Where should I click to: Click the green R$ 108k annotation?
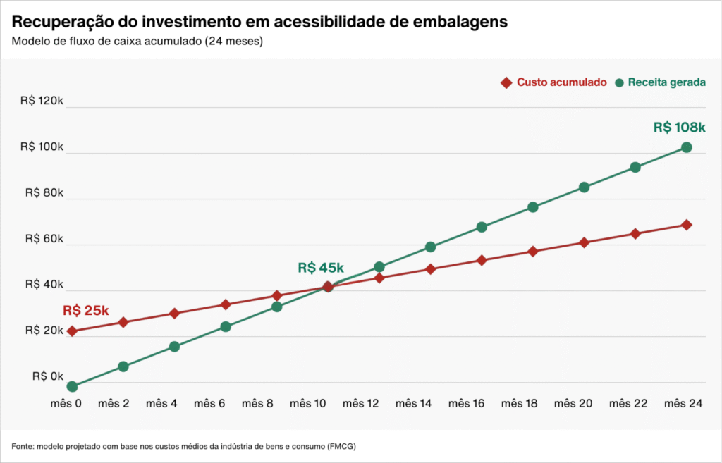pyautogui.click(x=679, y=128)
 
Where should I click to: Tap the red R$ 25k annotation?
pyautogui.click(x=85, y=311)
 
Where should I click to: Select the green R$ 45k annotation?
pyautogui.click(x=320, y=268)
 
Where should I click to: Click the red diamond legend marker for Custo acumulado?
pyautogui.click(x=506, y=82)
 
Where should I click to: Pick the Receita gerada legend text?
pyautogui.click(x=666, y=82)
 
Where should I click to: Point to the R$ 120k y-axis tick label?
pyautogui.click(x=42, y=101)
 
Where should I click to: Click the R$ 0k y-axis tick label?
pyautogui.click(x=47, y=376)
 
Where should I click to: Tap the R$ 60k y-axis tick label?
pyautogui.click(x=44, y=239)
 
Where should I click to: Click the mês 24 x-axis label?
pyautogui.click(x=683, y=403)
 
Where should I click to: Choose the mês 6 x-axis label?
pyautogui.click(x=209, y=403)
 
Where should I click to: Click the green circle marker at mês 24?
pyautogui.click(x=686, y=147)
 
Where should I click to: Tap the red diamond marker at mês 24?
pyautogui.click(x=686, y=225)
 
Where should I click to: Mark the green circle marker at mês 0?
pyautogui.click(x=72, y=386)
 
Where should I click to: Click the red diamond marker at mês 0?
pyautogui.click(x=72, y=331)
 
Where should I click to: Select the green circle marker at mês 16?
pyautogui.click(x=482, y=227)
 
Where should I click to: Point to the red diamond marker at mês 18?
pyautogui.click(x=533, y=251)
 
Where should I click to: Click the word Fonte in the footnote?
pyautogui.click(x=23, y=447)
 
